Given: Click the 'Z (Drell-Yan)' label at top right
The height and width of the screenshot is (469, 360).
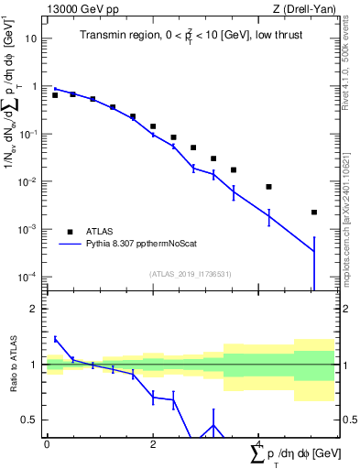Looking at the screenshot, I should click(300, 8).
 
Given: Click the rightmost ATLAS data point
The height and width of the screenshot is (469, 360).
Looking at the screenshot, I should click(314, 213).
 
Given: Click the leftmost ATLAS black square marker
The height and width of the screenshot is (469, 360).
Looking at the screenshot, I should click(55, 95).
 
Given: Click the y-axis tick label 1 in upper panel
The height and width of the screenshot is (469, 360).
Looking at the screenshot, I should click(34, 87).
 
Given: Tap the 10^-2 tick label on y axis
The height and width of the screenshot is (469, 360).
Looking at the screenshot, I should click(28, 182).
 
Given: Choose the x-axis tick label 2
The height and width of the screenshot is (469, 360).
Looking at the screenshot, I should click(153, 443).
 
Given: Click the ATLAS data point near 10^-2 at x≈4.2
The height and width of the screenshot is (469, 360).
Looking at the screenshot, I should click(268, 187).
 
